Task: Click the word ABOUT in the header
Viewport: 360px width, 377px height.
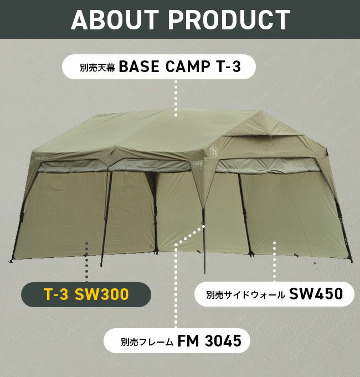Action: [115, 20]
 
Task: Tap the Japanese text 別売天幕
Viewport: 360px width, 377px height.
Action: [97, 67]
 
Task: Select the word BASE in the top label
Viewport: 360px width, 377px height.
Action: [139, 67]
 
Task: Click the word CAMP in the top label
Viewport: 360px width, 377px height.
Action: [188, 67]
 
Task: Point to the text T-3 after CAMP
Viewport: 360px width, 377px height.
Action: [228, 67]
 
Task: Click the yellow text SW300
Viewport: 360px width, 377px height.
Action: [102, 294]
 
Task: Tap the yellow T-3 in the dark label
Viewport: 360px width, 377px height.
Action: [56, 294]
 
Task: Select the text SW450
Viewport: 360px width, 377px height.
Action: [316, 294]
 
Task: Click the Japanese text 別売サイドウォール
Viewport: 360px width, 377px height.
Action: [245, 294]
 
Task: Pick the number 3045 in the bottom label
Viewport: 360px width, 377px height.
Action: [223, 341]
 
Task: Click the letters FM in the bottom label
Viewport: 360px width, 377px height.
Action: [188, 341]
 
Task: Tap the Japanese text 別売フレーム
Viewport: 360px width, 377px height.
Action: [147, 342]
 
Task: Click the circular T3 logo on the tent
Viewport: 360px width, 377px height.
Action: [213, 151]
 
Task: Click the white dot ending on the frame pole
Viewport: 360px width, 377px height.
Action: [203, 226]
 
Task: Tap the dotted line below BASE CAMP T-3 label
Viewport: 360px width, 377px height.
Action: [176, 99]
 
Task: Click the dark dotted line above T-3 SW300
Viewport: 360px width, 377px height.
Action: [87, 262]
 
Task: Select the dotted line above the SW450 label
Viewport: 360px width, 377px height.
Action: [274, 261]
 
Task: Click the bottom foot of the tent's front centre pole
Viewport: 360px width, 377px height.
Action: [205, 272]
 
